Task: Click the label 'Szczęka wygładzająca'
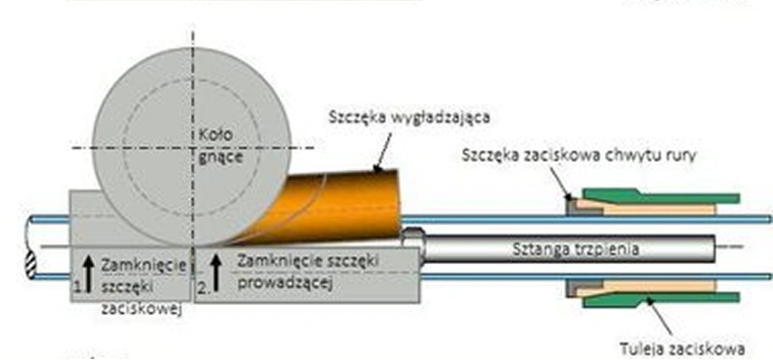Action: click(x=410, y=118)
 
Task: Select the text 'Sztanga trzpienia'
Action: click(x=576, y=249)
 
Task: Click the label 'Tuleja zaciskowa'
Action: click(x=682, y=349)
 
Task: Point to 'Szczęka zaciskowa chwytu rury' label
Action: click(x=579, y=156)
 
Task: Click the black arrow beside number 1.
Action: click(x=89, y=274)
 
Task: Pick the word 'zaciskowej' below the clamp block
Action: click(x=143, y=309)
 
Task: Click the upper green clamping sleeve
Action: click(x=661, y=195)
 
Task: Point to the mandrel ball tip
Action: click(x=413, y=237)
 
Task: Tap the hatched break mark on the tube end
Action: click(x=31, y=266)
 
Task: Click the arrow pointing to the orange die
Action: click(x=383, y=152)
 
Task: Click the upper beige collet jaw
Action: click(x=646, y=207)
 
